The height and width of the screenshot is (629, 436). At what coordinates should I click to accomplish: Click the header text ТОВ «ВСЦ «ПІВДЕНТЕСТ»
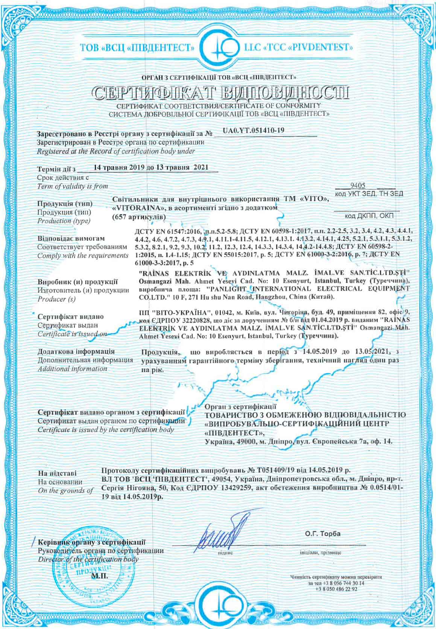[137, 48]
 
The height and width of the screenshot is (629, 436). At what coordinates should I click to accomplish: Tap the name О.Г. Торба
[323, 534]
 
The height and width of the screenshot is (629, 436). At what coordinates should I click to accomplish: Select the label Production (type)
[64, 221]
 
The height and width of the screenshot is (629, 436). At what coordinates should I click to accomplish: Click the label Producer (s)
[56, 299]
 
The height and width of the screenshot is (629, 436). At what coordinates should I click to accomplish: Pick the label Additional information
[72, 369]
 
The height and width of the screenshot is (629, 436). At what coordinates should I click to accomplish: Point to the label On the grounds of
[65, 491]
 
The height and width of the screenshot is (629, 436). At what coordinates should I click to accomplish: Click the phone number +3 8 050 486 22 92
[336, 589]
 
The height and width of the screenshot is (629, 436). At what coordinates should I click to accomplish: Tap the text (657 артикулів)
[139, 217]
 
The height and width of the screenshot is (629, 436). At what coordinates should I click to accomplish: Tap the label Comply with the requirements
[83, 255]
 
